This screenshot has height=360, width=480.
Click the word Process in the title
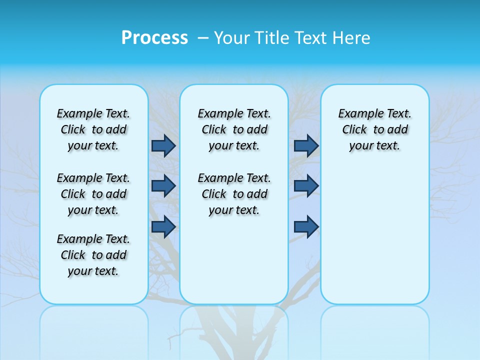(154, 38)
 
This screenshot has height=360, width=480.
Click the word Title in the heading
(273, 38)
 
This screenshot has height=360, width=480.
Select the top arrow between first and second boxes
(163, 146)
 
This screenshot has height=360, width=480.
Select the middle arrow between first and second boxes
(163, 186)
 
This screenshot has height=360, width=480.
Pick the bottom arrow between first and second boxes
(163, 226)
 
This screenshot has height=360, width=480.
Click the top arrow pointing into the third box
(306, 146)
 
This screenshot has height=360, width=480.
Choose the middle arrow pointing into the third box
(306, 186)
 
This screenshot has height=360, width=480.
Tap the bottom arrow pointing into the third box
(306, 226)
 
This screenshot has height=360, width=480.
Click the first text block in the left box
(93, 129)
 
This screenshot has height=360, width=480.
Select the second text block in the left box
(93, 194)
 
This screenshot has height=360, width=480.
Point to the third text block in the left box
(93, 255)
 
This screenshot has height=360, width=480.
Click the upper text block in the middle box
(234, 129)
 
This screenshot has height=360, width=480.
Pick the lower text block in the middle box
(234, 194)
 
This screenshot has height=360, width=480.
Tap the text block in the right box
(374, 129)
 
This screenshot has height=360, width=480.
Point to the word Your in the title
(232, 38)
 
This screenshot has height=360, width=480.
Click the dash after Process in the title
(201, 38)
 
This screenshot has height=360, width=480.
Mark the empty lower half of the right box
(374, 240)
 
